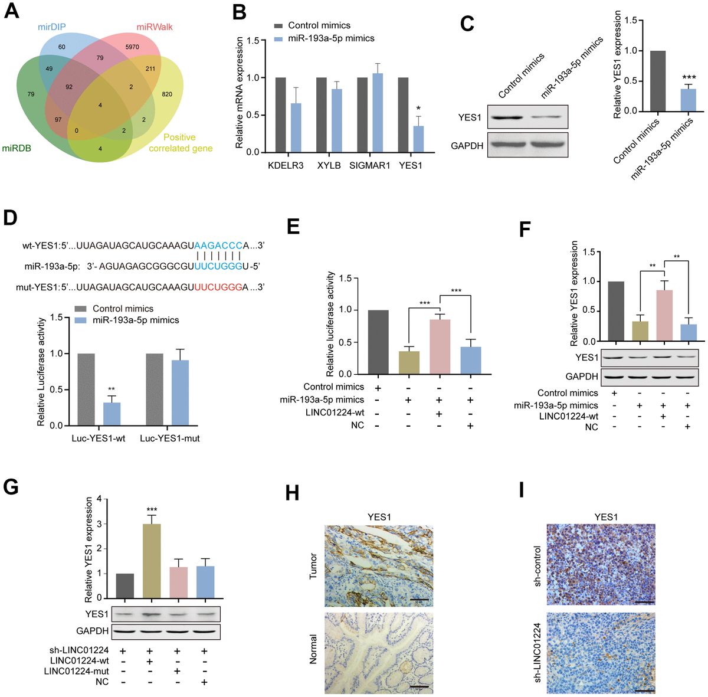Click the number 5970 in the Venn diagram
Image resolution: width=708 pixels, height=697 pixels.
click(132, 47)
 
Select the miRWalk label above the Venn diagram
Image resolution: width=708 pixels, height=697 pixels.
click(155, 27)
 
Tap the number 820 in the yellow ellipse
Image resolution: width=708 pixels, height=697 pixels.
click(168, 94)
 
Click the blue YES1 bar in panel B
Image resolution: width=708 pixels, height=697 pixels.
click(418, 139)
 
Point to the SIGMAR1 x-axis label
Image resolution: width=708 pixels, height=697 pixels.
click(370, 166)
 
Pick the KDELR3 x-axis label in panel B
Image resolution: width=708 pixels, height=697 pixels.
click(286, 166)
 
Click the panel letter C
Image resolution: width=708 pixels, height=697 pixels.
click(467, 24)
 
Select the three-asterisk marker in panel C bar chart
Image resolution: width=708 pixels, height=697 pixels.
click(689, 78)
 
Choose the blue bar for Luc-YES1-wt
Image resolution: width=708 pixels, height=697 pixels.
click(112, 414)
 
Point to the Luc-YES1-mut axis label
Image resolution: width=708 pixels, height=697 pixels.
click(170, 439)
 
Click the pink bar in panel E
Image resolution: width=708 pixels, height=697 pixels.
click(440, 347)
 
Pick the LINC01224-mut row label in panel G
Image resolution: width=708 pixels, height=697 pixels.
click(77, 671)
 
